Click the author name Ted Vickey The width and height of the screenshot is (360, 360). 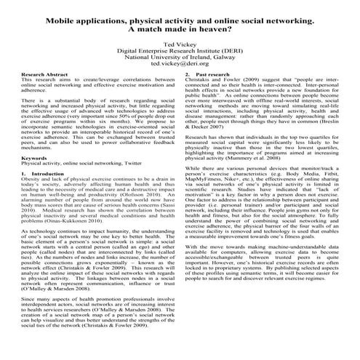[x=179, y=44]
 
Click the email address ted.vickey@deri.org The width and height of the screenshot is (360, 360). [x=179, y=63]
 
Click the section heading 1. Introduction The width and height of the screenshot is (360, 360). [x=41, y=175]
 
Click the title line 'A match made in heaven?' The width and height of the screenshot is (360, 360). [x=179, y=31]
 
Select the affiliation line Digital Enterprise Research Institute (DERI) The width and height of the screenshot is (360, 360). [x=179, y=50]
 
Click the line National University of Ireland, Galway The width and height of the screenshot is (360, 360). [x=179, y=57]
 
